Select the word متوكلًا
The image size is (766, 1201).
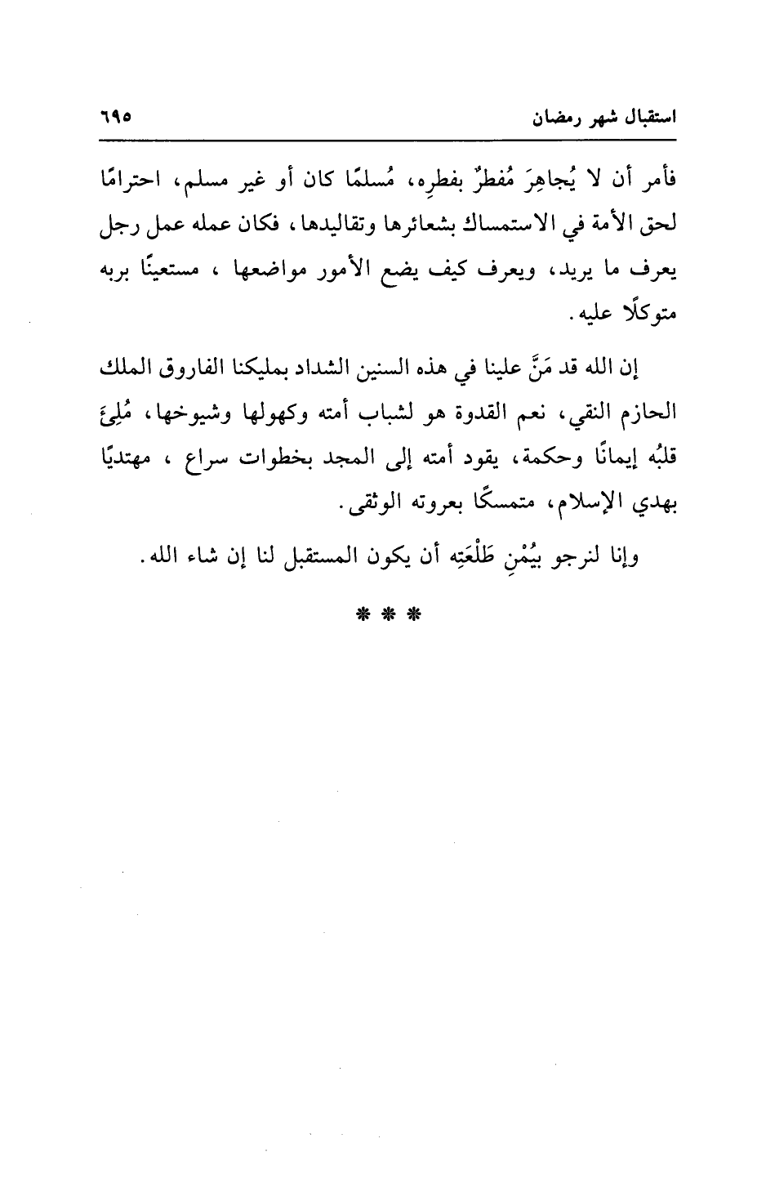638,315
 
